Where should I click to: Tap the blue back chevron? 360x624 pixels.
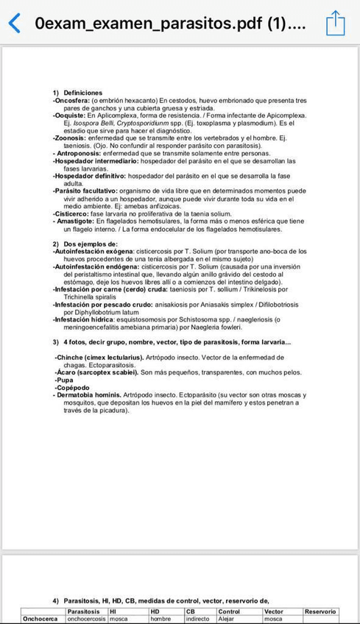(13, 23)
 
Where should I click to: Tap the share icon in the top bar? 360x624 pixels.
(335, 22)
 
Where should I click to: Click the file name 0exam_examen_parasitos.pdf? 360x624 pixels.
(174, 23)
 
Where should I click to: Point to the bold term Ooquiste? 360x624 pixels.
(68, 116)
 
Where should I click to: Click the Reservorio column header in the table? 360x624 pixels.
(320, 611)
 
